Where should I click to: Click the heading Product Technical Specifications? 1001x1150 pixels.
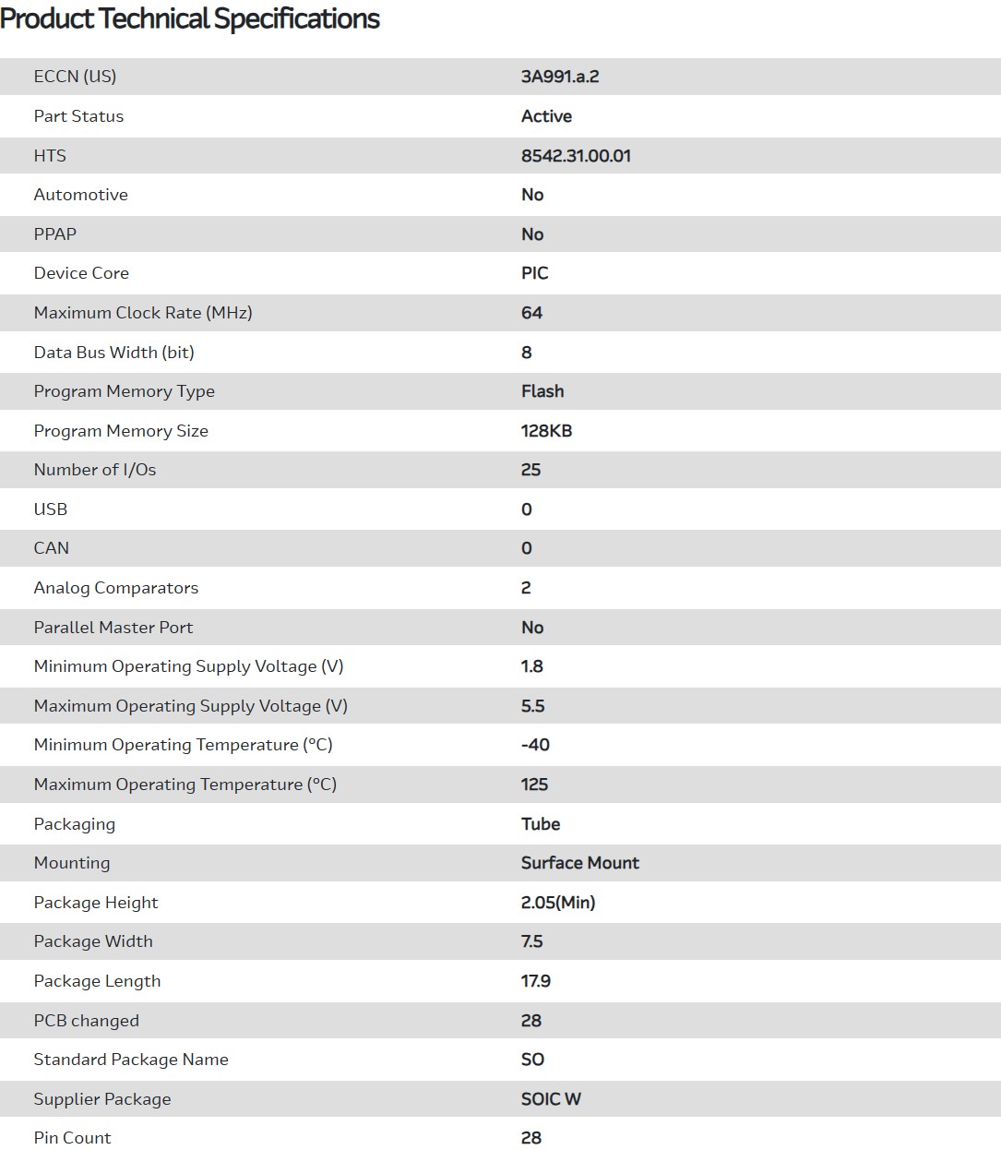190,19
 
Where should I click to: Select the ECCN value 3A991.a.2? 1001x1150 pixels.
560,77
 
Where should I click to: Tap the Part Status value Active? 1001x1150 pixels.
546,116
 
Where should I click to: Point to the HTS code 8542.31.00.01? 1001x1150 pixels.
576,156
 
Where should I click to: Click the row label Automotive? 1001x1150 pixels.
81,195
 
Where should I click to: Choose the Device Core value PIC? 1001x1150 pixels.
534,273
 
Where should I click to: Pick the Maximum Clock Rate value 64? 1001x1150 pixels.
531,313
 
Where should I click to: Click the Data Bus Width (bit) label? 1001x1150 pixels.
113,353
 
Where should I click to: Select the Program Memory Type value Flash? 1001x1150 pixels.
542,391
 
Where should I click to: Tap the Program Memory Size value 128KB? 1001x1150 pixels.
546,431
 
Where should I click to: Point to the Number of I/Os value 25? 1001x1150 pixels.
530,470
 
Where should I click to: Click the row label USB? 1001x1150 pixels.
51,509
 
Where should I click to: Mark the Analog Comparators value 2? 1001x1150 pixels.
526,588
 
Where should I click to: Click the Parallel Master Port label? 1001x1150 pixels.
113,628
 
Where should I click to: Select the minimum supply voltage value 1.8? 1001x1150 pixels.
532,666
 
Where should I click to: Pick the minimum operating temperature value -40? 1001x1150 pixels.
535,745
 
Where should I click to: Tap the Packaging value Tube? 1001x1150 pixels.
541,824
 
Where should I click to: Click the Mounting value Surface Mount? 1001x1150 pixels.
579,863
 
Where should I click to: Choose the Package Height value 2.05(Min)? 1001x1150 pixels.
558,903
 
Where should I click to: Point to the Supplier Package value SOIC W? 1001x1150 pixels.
551,1099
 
